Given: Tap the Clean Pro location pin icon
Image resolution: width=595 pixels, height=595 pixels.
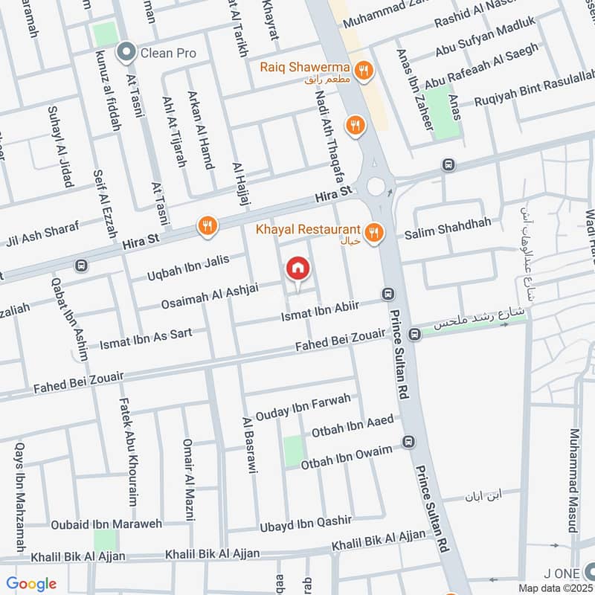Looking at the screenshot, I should (126, 52).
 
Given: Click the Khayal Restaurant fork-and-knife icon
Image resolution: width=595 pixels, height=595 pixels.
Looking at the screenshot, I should (374, 234).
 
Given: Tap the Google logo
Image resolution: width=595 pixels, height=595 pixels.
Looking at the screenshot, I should (31, 584).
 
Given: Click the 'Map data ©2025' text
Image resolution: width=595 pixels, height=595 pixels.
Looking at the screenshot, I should (556, 588).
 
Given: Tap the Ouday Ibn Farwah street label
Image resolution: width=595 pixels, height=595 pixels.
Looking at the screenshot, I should (302, 406).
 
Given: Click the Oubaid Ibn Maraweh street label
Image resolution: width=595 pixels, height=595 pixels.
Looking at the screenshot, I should (106, 524).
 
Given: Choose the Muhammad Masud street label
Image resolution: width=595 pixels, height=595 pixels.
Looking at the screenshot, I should (573, 480).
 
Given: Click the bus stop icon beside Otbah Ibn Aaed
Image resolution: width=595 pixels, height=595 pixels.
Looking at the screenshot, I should (408, 443).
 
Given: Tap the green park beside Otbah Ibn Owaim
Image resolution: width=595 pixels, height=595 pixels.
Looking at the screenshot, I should (294, 451).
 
